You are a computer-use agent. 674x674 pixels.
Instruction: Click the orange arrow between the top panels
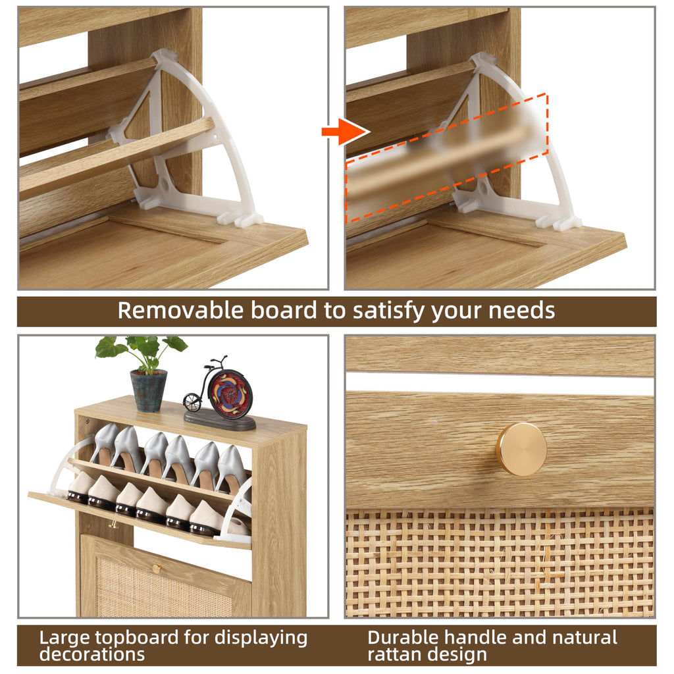pos(346,131)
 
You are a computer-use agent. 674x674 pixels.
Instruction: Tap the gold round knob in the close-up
pos(521,449)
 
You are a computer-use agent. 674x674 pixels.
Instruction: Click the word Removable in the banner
pos(180,311)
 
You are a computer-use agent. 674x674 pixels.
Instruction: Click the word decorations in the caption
pos(92,654)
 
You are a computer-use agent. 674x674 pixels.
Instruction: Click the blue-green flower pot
pos(148,391)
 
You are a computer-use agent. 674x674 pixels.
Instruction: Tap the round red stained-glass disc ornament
pos(230,394)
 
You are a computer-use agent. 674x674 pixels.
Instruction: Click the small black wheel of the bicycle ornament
pos(192,403)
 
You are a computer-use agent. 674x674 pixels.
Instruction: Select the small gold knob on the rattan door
pos(157,569)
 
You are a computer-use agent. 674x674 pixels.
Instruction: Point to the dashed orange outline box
pos(447,158)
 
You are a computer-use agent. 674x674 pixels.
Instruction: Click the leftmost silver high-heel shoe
pos(103,443)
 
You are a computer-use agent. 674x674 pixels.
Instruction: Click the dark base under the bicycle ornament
pos(220,421)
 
